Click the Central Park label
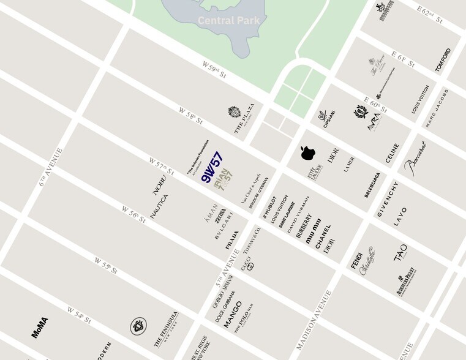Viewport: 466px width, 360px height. pyautogui.click(x=229, y=21)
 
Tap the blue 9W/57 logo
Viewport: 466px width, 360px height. pyautogui.click(x=212, y=168)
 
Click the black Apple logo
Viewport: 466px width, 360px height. pyautogui.click(x=308, y=152)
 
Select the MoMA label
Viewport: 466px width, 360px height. pyautogui.click(x=40, y=328)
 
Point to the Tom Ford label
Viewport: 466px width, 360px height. pyautogui.click(x=443, y=61)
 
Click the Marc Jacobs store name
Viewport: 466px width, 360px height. pyautogui.click(x=437, y=108)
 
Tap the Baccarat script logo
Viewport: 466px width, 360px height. pyautogui.click(x=415, y=159)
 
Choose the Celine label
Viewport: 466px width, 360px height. pyautogui.click(x=392, y=153)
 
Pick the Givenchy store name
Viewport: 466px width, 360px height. pyautogui.click(x=388, y=199)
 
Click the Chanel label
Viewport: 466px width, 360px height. pyautogui.click(x=323, y=236)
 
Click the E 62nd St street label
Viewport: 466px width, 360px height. pyautogui.click(x=429, y=15)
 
